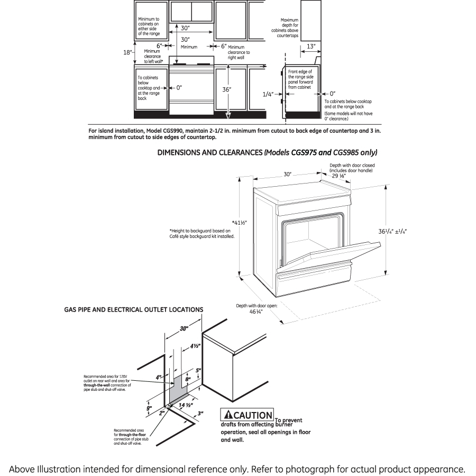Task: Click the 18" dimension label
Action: coord(127,52)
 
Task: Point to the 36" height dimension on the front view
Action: coord(226,89)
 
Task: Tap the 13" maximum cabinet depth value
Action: coord(311,47)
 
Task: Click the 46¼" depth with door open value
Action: coord(257,312)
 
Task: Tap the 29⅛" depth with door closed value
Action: coord(339,176)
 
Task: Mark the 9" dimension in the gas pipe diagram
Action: coord(150,408)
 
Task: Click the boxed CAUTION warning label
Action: coord(248,415)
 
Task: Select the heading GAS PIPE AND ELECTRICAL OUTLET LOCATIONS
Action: coord(133,309)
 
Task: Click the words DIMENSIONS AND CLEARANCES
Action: coord(210,152)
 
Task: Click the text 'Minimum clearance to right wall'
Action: coord(239,52)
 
